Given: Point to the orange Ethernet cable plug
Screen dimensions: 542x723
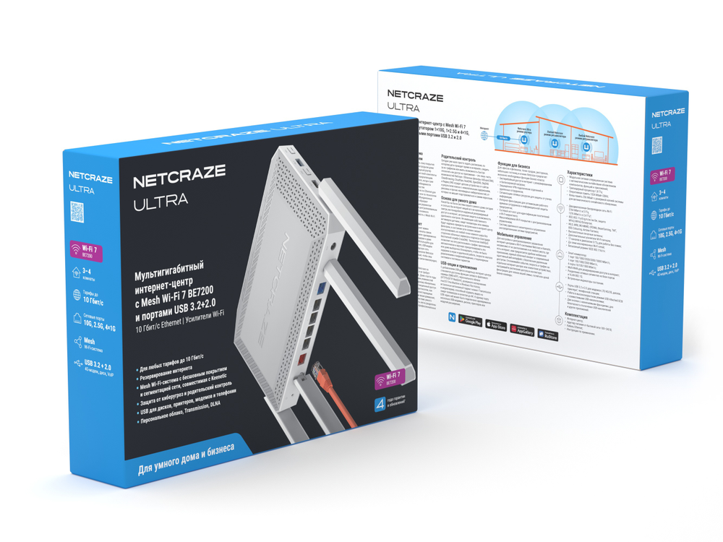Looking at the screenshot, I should click(x=320, y=374).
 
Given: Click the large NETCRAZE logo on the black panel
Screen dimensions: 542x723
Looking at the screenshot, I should click(x=179, y=173).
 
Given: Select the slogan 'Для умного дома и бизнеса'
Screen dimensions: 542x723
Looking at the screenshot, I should click(x=186, y=460).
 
